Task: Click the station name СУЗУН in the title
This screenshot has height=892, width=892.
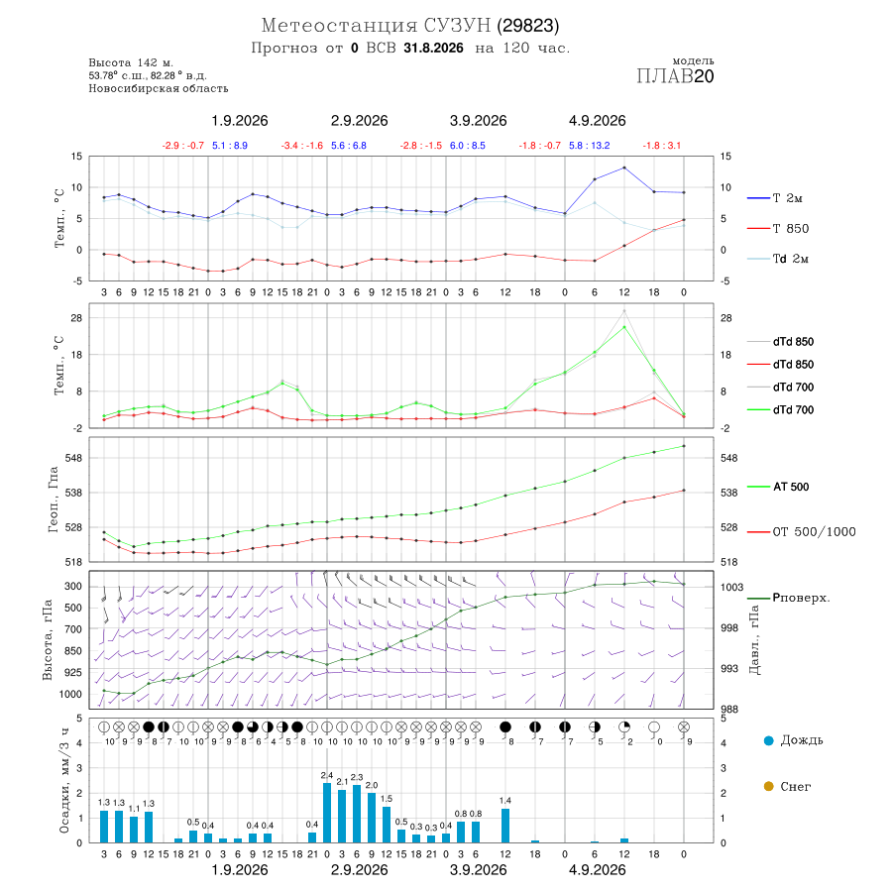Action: [x=457, y=26]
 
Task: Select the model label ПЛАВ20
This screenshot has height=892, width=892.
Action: [x=675, y=76]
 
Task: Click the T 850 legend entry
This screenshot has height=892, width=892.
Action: [x=778, y=229]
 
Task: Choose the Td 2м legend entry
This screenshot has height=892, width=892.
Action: [x=778, y=259]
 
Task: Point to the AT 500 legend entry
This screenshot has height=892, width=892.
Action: [x=778, y=487]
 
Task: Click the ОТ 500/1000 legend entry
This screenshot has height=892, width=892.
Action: [x=801, y=532]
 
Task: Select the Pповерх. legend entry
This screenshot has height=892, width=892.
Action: [x=788, y=598]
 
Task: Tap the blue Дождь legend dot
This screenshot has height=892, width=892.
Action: [x=768, y=740]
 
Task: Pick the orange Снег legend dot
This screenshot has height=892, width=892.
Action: [x=768, y=787]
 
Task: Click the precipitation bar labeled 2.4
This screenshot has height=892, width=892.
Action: [x=327, y=813]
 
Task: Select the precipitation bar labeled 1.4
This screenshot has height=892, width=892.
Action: [x=505, y=826]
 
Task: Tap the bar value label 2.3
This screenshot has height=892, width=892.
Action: [x=357, y=777]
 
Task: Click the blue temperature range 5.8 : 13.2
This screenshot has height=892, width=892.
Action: [x=590, y=146]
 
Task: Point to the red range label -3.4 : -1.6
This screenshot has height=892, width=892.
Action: [x=302, y=146]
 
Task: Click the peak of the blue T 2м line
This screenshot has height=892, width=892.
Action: [x=624, y=167]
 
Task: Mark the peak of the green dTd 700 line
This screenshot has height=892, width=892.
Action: [x=624, y=327]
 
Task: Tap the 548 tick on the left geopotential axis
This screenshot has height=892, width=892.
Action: [x=74, y=458]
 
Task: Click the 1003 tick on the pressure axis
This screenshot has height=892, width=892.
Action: [x=731, y=587]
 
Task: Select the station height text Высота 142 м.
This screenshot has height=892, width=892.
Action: [x=131, y=63]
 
